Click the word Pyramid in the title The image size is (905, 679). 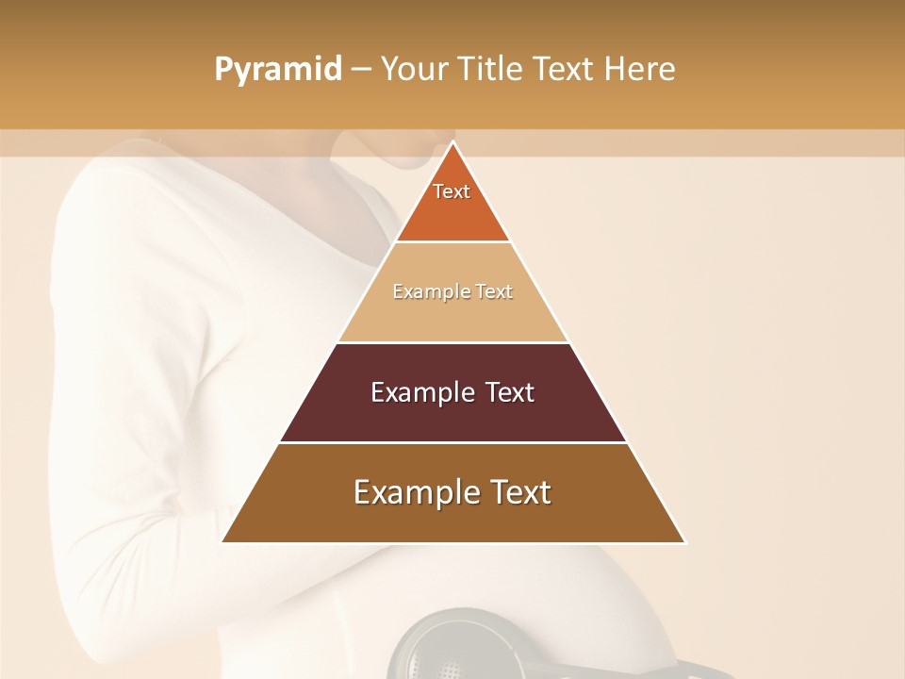coord(277,70)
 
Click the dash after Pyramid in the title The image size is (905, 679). coord(361,70)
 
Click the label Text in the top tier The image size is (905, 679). coord(452,191)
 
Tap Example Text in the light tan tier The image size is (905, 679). coord(452,291)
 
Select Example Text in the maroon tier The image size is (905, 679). coord(452,392)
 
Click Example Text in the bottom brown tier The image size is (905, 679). coord(452,492)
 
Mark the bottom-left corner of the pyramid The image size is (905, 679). coord(222,542)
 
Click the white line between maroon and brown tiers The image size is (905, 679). coord(452,442)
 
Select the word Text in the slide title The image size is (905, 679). coord(564,69)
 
